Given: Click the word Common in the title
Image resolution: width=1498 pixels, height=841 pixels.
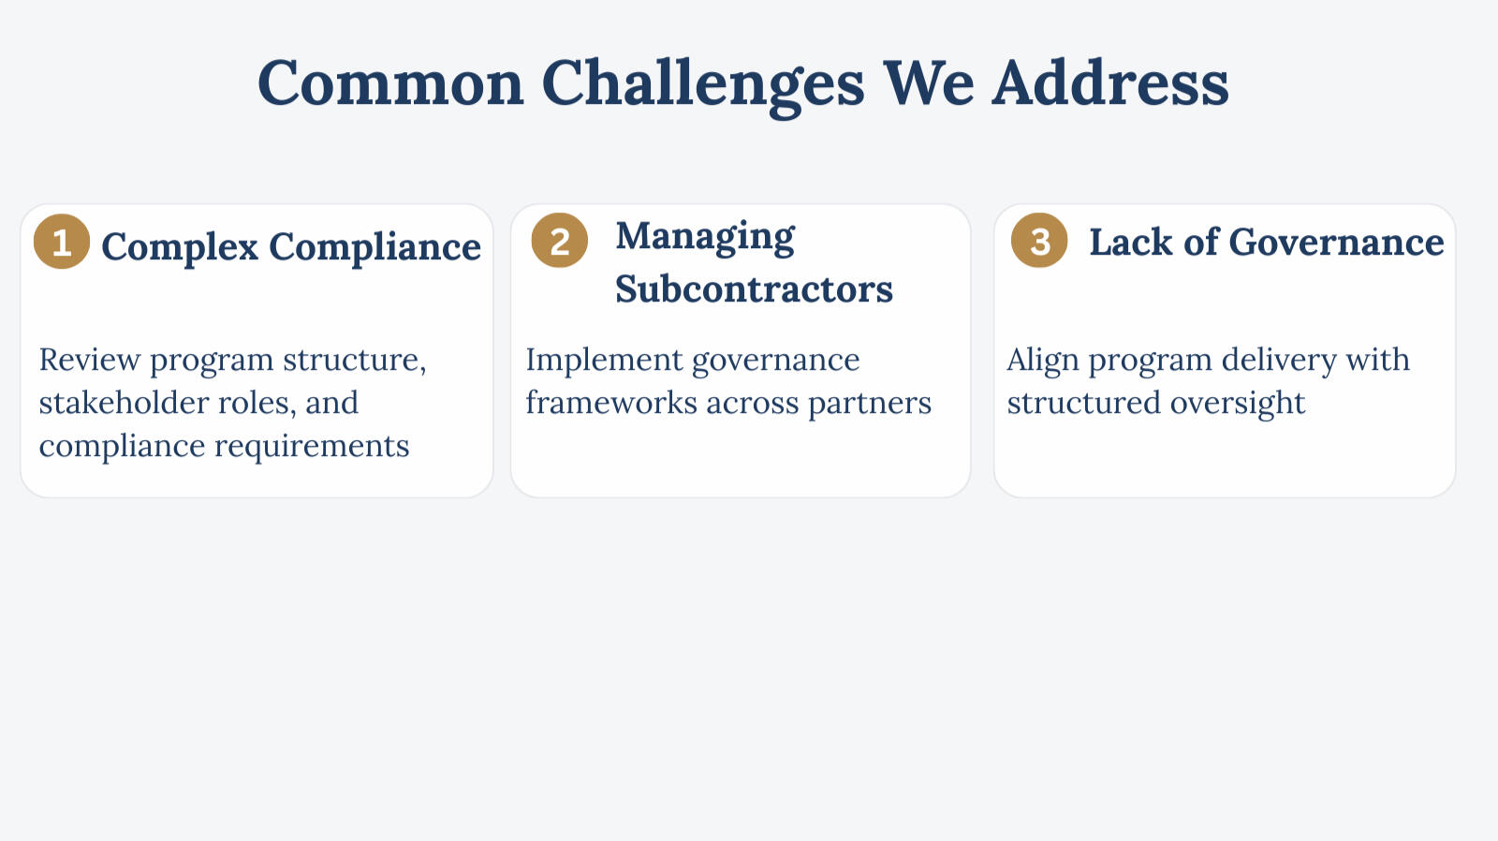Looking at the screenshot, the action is point(390,83).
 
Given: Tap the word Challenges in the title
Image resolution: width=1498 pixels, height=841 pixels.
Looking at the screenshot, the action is point(703,84).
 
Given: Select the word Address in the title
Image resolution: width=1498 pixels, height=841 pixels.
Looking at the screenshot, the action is point(1110,82).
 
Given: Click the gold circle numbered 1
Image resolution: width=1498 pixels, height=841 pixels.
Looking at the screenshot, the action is point(62,242).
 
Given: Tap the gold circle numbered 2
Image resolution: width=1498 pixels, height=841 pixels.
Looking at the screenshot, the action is point(560,240).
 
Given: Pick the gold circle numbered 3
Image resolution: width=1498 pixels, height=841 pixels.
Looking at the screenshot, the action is point(1039,240).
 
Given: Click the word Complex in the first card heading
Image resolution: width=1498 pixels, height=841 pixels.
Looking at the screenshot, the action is point(180,247).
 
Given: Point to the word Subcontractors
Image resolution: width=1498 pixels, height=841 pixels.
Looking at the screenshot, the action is point(755,289).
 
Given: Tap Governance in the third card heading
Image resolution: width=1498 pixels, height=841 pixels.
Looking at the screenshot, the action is point(1336,243).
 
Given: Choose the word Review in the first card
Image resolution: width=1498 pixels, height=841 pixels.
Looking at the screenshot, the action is point(90,360).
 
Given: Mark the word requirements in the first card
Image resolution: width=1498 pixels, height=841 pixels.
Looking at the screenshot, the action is point(312,447).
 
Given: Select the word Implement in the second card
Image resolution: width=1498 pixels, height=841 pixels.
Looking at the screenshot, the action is point(605,361).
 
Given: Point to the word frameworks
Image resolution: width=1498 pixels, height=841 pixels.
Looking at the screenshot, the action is point(611,403).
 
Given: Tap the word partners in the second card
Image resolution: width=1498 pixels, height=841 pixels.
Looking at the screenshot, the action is point(870,404).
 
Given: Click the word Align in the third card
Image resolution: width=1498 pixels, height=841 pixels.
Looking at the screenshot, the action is point(1043,361).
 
